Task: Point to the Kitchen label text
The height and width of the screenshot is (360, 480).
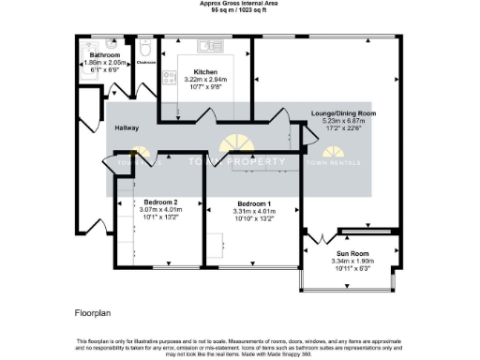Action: point(205,72)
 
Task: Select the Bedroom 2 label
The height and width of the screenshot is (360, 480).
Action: point(160,202)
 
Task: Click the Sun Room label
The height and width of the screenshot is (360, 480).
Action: point(352,253)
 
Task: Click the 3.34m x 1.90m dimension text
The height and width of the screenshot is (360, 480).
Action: point(352,261)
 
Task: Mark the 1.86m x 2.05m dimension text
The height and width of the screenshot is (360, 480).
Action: point(103,62)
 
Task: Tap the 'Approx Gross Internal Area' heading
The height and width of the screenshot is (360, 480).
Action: point(239,4)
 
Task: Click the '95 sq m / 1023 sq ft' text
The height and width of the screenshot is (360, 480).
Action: point(239,10)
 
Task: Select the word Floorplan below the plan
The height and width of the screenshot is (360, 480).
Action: point(94,310)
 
